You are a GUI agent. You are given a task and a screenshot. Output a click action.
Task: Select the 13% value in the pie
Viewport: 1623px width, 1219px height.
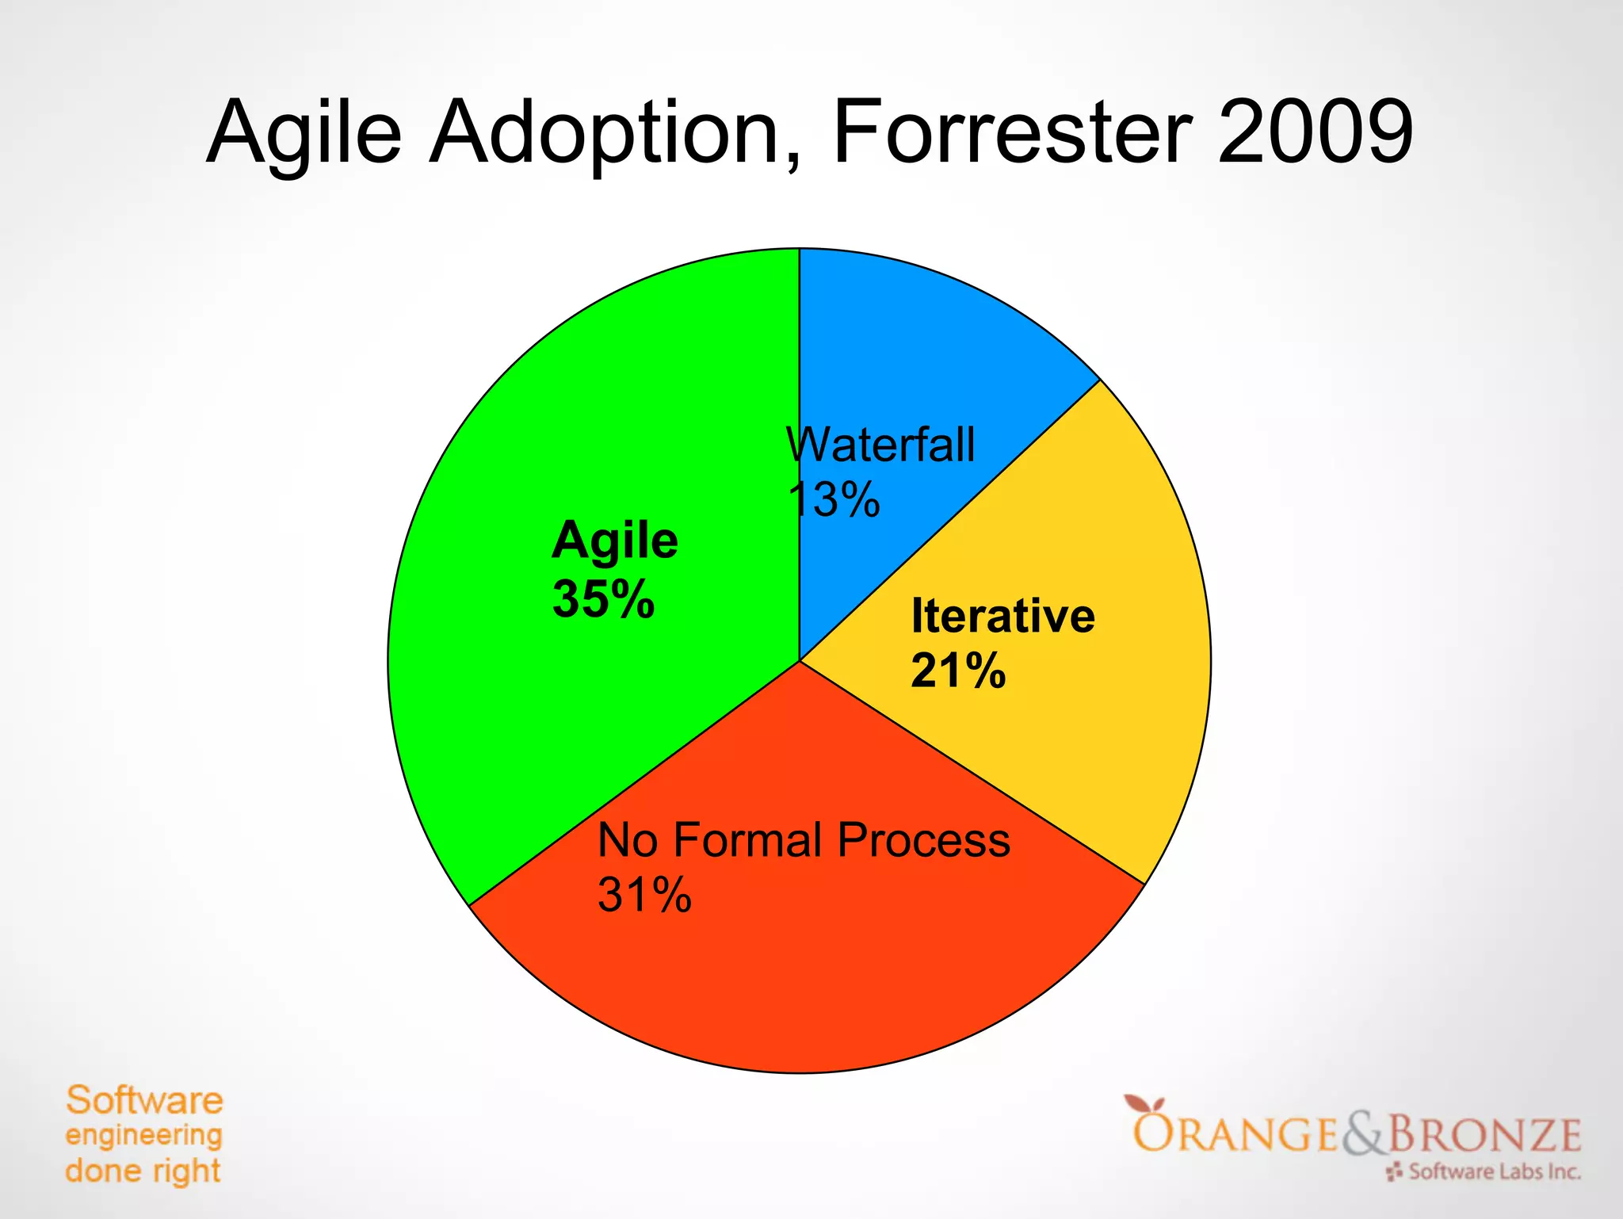click(834, 500)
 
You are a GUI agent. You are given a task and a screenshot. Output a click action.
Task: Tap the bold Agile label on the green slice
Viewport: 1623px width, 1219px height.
click(615, 542)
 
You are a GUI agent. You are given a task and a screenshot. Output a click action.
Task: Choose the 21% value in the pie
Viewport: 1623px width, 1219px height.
click(958, 671)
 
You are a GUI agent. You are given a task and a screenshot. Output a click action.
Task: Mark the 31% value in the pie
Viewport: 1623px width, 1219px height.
click(644, 896)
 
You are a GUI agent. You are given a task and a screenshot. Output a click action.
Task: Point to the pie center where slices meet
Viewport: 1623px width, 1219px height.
click(800, 661)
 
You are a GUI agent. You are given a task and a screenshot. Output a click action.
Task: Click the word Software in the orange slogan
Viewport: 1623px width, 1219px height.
click(144, 1100)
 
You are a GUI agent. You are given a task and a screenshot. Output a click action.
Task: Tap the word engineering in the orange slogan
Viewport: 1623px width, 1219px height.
click(143, 1136)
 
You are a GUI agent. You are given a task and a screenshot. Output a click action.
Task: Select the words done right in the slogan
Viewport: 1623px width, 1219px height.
click(143, 1171)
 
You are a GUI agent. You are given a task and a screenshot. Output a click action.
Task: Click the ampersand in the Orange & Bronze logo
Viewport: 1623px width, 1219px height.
click(1362, 1133)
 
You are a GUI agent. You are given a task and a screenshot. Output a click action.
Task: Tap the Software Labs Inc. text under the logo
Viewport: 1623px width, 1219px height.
click(1495, 1171)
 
